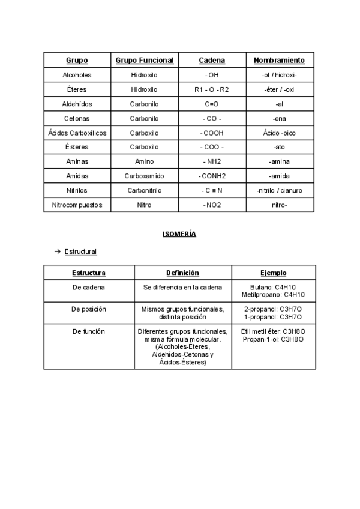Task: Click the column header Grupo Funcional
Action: [144, 61]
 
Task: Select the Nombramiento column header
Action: [279, 61]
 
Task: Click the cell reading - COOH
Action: [212, 133]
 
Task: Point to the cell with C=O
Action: [212, 104]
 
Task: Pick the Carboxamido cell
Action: [144, 176]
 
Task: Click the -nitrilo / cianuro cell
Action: [279, 190]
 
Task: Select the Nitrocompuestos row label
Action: [77, 205]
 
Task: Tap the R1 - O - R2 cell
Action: [212, 89]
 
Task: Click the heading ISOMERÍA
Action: [179, 234]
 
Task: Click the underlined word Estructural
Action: [80, 251]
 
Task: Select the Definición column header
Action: [182, 273]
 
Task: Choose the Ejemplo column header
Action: [274, 273]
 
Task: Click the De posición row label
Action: [89, 309]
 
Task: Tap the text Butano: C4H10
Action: [274, 287]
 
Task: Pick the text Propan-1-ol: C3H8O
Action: [274, 339]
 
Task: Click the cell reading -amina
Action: [279, 161]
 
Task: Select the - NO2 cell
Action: [212, 205]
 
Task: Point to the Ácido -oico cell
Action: [279, 133]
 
